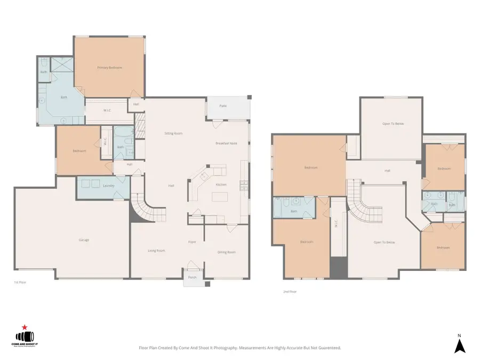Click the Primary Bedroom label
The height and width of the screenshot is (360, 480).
coord(109,68)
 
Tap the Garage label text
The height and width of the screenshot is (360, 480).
coord(84,240)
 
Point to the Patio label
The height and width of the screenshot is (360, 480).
coord(223,106)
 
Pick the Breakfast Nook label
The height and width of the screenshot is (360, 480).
coord(226,143)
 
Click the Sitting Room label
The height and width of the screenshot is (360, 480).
coord(173,133)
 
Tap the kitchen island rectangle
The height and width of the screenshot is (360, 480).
coord(220,197)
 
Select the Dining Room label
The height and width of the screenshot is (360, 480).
coord(226,252)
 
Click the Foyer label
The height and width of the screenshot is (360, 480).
coord(192,242)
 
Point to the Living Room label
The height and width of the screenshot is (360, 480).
coord(156,250)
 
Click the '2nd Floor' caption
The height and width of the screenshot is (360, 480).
coord(290,292)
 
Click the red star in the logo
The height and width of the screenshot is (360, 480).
coord(24,327)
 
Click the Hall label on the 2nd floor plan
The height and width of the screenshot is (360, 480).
coord(387,171)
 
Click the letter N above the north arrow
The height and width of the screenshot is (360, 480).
coord(459,335)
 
